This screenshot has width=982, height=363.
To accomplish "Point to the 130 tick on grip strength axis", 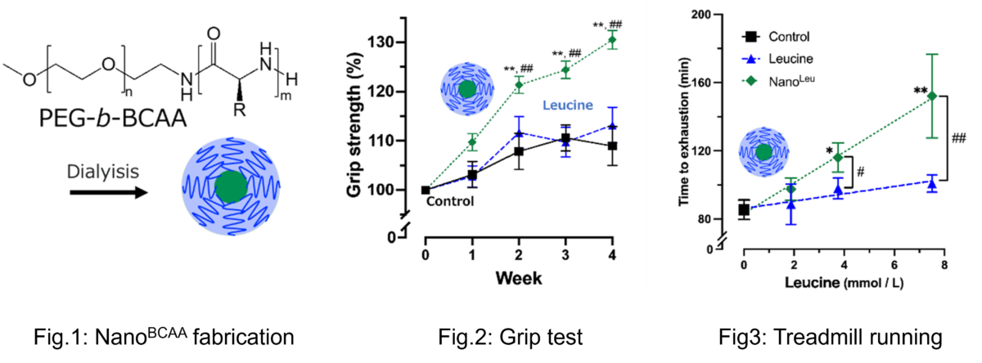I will point(399,43).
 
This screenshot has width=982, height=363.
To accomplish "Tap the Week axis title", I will point(517,279).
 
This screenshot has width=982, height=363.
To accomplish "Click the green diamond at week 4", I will point(611,40).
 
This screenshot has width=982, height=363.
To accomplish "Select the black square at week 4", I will point(611,146).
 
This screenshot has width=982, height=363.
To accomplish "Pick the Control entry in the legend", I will point(786,37).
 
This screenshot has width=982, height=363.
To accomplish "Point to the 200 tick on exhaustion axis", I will point(723,15).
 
